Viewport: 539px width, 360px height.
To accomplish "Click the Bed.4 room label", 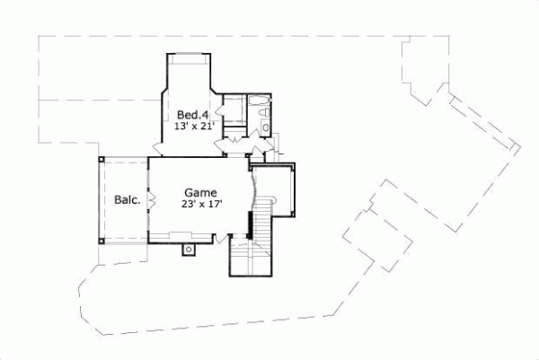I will click(190, 115).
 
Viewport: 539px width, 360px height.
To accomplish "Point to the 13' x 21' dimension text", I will click(190, 127).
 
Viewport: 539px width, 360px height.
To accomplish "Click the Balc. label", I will click(127, 200).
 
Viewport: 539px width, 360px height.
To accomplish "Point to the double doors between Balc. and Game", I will click(147, 199).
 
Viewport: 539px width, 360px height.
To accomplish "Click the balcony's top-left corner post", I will click(102, 160).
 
